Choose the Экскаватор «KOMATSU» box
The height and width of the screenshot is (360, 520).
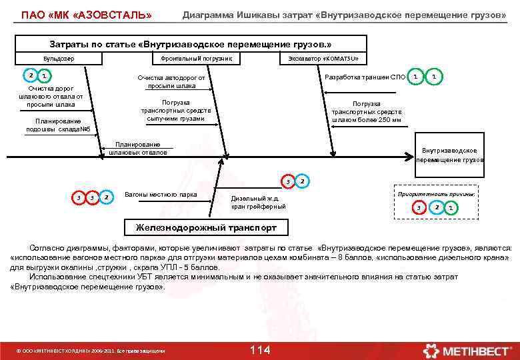[x=323, y=59]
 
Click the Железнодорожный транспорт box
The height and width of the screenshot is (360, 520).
[x=207, y=228]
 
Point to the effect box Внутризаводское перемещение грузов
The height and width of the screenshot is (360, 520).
[x=449, y=155]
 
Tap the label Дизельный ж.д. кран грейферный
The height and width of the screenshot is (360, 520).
[x=259, y=203]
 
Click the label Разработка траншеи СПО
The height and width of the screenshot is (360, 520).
[x=364, y=77]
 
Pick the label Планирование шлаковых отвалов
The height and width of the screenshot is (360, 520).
[x=138, y=148]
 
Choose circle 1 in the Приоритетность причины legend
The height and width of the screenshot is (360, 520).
[x=451, y=209]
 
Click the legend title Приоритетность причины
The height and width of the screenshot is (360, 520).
[x=436, y=193]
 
